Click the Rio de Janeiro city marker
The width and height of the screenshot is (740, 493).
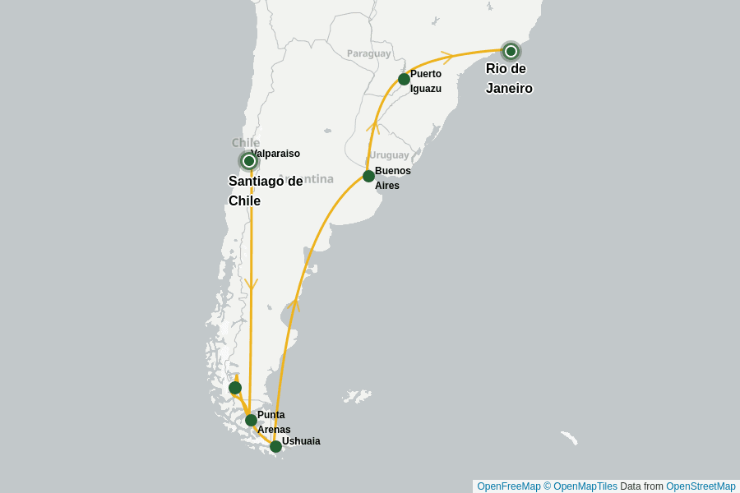coord(511,51)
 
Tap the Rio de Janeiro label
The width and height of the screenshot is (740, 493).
coord(508,79)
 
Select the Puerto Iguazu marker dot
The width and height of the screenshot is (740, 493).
coord(404,79)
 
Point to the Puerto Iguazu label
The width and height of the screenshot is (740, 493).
coord(426,81)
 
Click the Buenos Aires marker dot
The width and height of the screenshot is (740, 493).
coord(368,176)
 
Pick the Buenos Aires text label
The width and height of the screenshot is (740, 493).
coord(391,178)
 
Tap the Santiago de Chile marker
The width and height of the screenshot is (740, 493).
coord(248,161)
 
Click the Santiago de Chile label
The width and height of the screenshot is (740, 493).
coord(265,191)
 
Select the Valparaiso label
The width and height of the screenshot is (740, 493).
coord(276,154)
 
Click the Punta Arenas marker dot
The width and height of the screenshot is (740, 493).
coord(251,420)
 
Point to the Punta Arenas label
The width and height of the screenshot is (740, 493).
coord(273,422)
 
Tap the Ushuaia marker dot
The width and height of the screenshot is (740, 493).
coord(275,446)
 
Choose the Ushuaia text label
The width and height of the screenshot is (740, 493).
coord(301,441)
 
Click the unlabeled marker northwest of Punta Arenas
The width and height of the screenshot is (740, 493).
coord(235,388)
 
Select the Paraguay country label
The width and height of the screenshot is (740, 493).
coord(368,53)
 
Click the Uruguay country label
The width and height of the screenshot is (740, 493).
coord(388,155)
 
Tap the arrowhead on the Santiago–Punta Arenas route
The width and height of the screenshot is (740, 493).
coord(252,284)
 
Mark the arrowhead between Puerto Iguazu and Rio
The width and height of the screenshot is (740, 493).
coord(446,57)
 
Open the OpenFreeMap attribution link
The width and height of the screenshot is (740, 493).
coord(508,486)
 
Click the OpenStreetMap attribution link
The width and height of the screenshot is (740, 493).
coord(701,486)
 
